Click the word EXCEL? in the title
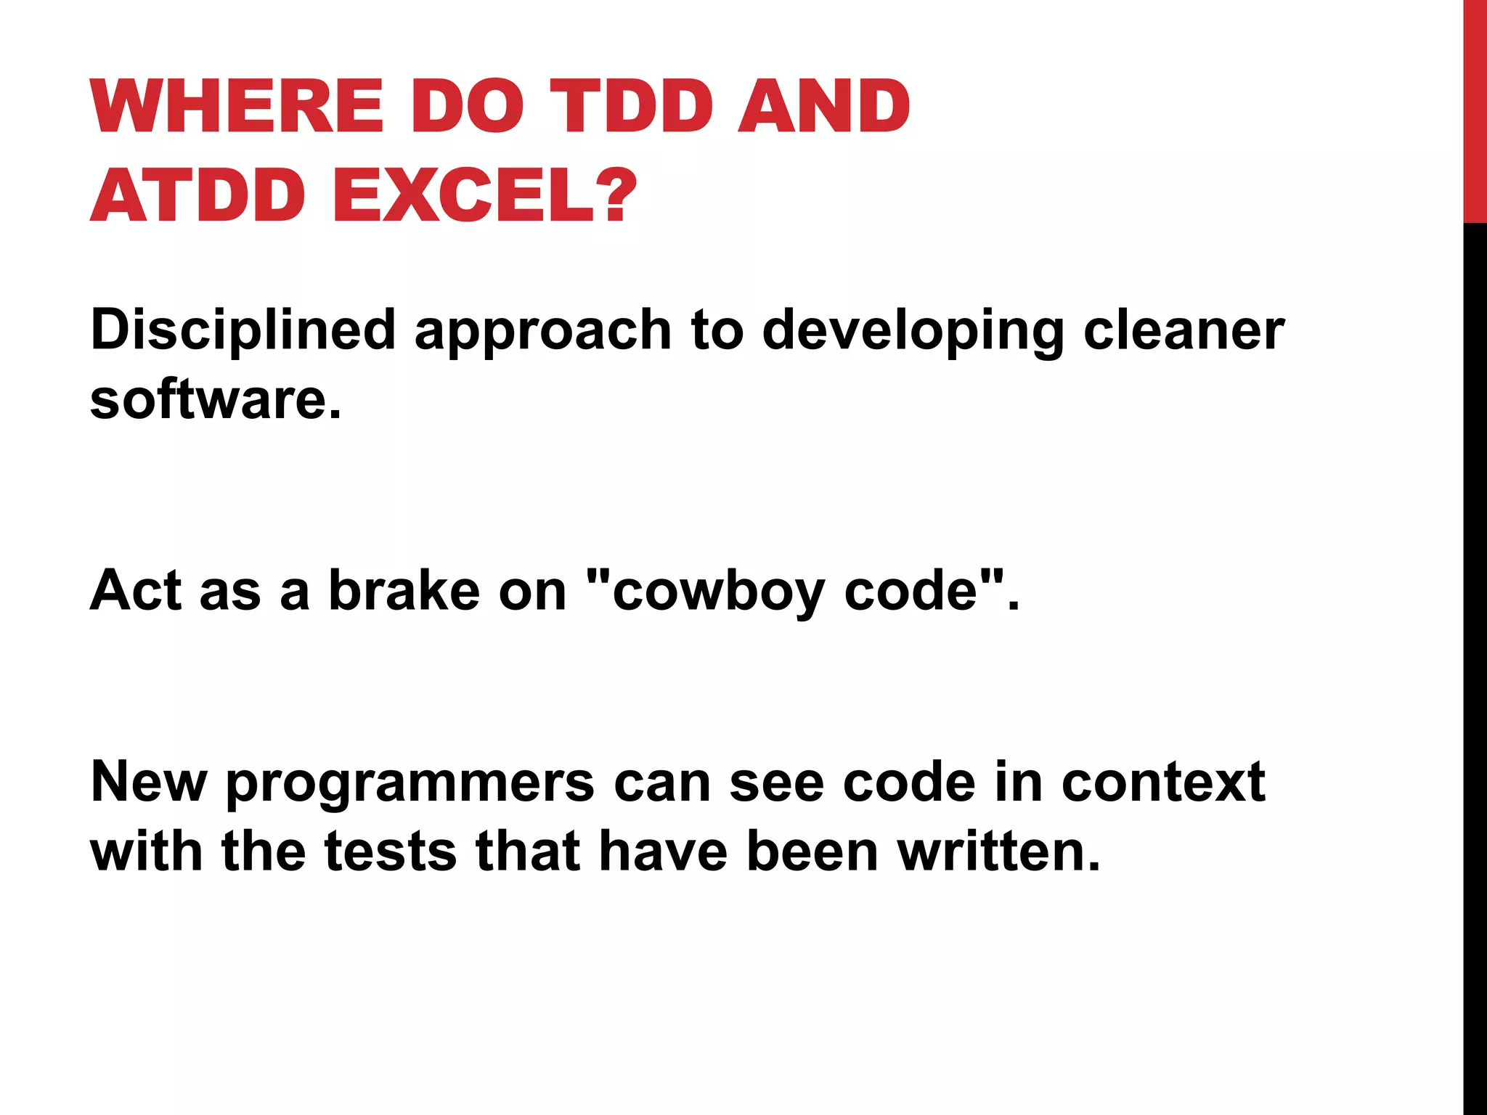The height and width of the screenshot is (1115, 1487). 485,196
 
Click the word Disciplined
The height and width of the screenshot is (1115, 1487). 243,330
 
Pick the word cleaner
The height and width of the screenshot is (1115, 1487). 1184,330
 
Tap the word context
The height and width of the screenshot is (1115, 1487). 1163,783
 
